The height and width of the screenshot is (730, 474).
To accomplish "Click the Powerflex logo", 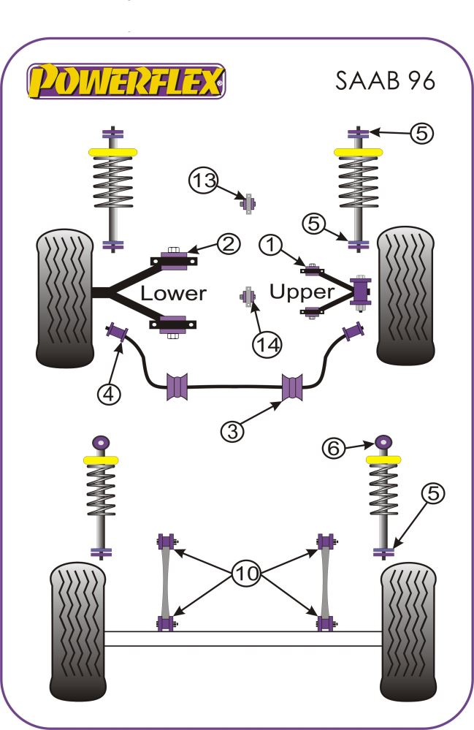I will click(126, 80).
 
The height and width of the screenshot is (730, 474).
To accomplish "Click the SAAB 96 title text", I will click(386, 80).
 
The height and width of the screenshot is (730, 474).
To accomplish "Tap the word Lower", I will click(173, 294).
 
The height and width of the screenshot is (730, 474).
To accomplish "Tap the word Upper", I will click(302, 292).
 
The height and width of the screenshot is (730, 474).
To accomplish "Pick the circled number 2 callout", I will click(228, 245).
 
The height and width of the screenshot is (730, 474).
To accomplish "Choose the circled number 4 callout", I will click(108, 394).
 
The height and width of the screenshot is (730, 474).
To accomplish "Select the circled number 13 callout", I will click(204, 179).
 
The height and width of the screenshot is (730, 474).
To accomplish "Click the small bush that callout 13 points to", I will click(248, 203).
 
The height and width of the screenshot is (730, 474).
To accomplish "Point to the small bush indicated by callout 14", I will click(248, 297).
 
